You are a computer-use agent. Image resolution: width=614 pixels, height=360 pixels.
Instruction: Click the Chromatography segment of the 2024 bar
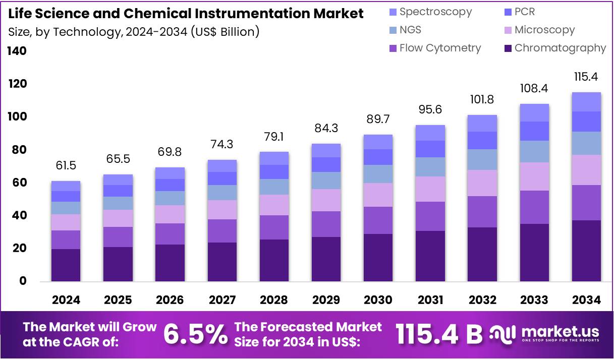[66, 265]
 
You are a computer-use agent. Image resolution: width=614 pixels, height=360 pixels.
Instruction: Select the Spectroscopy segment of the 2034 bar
[586, 102]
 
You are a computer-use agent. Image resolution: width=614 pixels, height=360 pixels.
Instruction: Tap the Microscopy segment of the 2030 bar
[378, 195]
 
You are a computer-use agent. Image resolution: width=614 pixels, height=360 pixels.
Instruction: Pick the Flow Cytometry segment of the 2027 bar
[222, 231]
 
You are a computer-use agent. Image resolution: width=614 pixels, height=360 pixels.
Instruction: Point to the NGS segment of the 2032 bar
[482, 159]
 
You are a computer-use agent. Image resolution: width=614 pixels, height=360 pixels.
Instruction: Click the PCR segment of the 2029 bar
[326, 164]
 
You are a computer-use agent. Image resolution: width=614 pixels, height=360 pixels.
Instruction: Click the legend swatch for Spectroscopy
[393, 12]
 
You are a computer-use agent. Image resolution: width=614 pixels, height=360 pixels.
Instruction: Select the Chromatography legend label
[560, 48]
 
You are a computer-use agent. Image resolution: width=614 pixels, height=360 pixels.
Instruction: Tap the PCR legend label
[525, 12]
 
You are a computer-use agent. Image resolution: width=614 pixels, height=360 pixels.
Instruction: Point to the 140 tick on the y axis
[17, 51]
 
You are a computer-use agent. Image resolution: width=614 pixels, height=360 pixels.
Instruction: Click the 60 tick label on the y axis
[17, 183]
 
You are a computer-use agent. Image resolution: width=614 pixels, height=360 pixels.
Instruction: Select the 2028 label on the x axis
[274, 300]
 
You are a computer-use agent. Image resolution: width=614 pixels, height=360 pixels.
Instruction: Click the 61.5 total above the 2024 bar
[66, 165]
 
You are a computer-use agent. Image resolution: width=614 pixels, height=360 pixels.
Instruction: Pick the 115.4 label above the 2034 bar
[586, 77]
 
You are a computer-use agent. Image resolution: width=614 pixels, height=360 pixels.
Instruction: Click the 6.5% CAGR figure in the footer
[195, 334]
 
